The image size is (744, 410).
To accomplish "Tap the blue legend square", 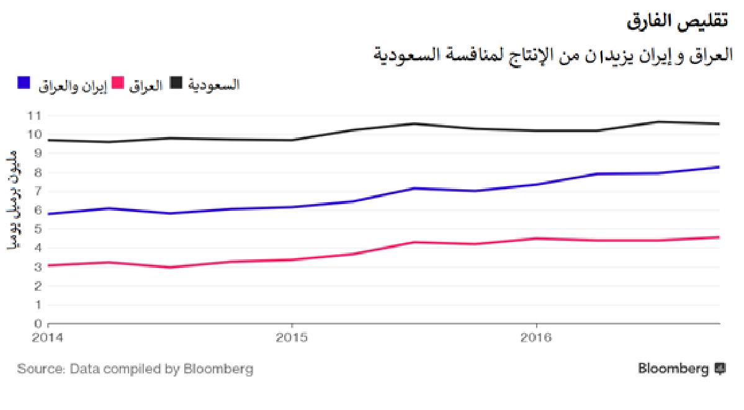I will [24, 83].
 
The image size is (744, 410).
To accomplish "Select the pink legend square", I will [118, 83].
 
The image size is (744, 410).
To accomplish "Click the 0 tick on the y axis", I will [38, 324].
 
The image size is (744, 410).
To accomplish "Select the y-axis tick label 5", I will [38, 229].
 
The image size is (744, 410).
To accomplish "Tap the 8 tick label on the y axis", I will [38, 172].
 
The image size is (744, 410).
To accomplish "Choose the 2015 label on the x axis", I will [292, 338].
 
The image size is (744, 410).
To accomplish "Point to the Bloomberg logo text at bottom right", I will [673, 369].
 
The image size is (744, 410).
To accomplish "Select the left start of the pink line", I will [49, 265].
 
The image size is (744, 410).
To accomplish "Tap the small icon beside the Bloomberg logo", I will [720, 368].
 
